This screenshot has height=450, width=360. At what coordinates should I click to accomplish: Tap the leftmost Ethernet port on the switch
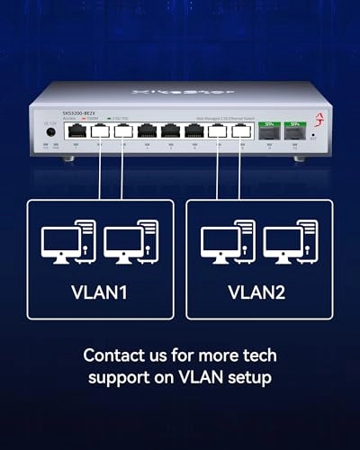pyautogui.click(x=76, y=131)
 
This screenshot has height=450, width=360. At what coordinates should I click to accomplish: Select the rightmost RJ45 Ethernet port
pyautogui.click(x=240, y=131)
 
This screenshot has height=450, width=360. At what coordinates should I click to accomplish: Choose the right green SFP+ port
pyautogui.click(x=294, y=131)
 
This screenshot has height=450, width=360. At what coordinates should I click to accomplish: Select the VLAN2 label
pyautogui.click(x=259, y=292)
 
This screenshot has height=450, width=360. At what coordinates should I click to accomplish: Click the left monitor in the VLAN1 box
pyautogui.click(x=58, y=240)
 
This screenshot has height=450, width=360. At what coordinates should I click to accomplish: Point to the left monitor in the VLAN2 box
pyautogui.click(x=218, y=240)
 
